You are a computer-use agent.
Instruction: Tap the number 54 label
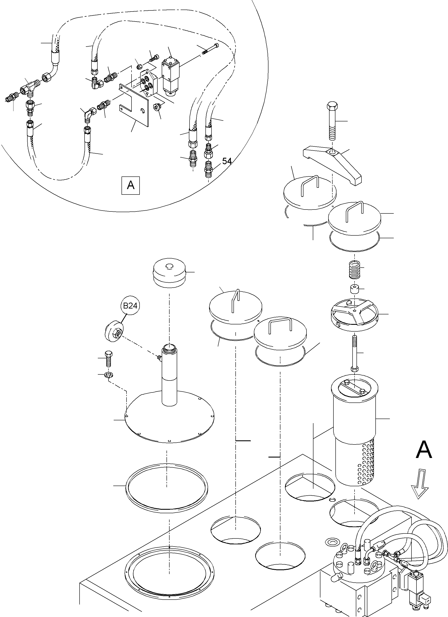pos(227,161)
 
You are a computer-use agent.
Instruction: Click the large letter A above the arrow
pos(424,450)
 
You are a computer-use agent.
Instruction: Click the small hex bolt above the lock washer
pos(109,359)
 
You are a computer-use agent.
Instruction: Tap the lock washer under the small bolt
pos(110,375)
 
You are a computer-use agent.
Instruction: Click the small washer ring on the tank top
pos(332,541)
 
